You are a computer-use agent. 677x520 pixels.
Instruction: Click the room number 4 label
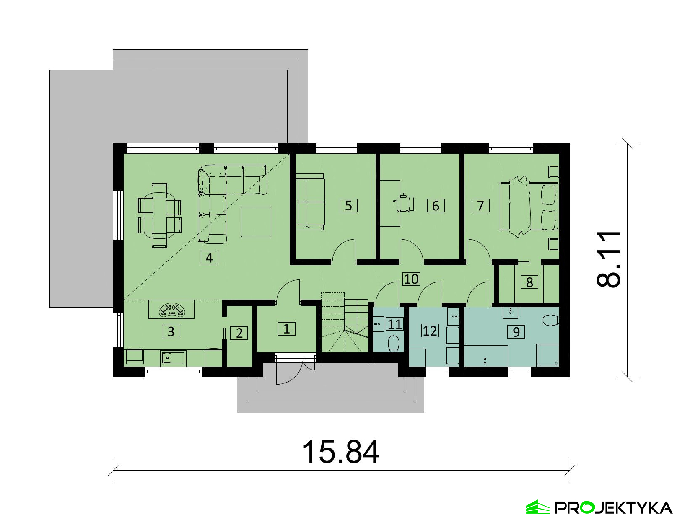pos(209,258)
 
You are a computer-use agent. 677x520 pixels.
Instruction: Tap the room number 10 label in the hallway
pos(411,279)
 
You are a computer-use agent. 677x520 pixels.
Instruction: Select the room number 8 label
pos(529,282)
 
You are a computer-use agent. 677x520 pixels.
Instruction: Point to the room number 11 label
pos(395,324)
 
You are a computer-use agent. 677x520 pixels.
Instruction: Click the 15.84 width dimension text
pos(341,452)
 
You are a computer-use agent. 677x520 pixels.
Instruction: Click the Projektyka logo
pos(599,507)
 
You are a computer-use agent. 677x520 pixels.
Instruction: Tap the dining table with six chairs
pos(160,216)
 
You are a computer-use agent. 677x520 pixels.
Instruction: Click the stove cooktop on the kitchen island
pos(172,309)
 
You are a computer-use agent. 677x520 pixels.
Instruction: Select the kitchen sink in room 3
pos(173,358)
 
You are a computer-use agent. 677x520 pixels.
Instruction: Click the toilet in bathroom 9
pos(551,320)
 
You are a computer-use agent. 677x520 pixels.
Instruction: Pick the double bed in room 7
pos(529,207)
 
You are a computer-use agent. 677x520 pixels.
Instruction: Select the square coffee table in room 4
pos(256,222)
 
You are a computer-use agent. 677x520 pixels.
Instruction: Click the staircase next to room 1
pos(345,323)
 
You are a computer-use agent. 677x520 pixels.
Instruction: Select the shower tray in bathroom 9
pos(548,354)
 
